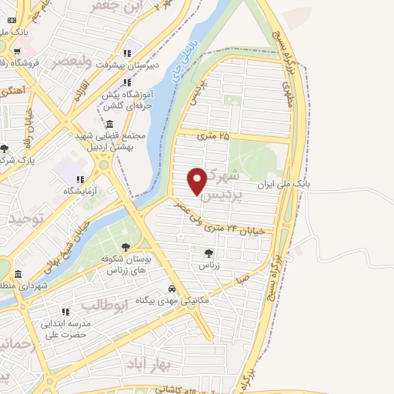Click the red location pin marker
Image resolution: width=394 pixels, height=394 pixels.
coord(197,180)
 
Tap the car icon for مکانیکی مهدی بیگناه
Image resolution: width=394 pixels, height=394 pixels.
coord(172,289)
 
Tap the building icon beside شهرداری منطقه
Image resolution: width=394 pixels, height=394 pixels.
coord(17,273)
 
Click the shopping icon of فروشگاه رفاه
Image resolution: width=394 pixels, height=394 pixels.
coord(15,52)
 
